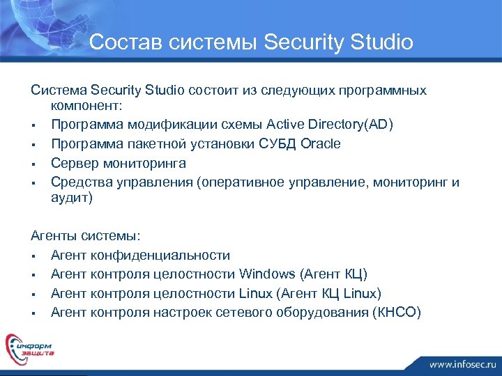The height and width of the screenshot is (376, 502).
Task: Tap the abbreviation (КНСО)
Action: point(397,312)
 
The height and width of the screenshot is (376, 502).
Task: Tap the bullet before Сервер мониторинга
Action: point(34,164)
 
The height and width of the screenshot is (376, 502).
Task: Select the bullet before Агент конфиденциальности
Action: point(34,256)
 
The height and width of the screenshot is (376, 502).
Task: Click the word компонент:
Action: point(86,107)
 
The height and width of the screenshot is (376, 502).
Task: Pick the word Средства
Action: point(78,182)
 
